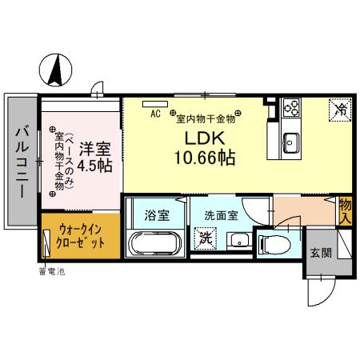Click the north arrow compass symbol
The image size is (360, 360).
pos(56,70)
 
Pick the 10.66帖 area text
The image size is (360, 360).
pos(205,158)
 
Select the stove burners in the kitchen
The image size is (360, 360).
pos(289,107)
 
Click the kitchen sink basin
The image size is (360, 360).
pos(290,144)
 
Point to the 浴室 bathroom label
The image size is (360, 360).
pos(155,214)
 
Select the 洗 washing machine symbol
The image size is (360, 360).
pos(206,238)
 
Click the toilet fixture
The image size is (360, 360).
pos(274,245)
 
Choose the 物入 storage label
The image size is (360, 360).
pos(346,210)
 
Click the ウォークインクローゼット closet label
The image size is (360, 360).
pos(81,234)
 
